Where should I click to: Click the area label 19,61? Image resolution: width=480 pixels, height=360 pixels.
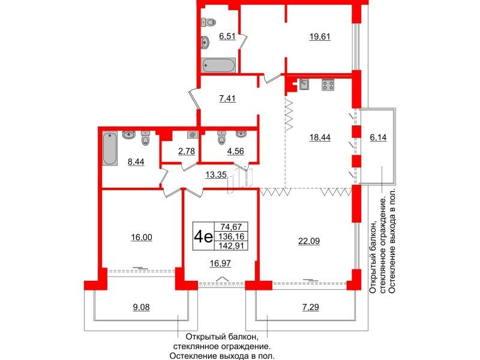pyautogui.click(x=320, y=36)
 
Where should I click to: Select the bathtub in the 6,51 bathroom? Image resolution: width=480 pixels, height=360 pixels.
pyautogui.click(x=220, y=64)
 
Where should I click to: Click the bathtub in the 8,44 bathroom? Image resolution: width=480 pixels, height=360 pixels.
pyautogui.click(x=110, y=149)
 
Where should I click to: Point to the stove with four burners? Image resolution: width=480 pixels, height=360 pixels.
pyautogui.click(x=328, y=85)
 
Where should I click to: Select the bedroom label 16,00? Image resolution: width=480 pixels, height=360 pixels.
pyautogui.click(x=142, y=237)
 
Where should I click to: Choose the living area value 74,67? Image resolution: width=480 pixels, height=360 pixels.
pyautogui.click(x=229, y=227)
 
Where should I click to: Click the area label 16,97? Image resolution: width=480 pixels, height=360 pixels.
pyautogui.click(x=221, y=261)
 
